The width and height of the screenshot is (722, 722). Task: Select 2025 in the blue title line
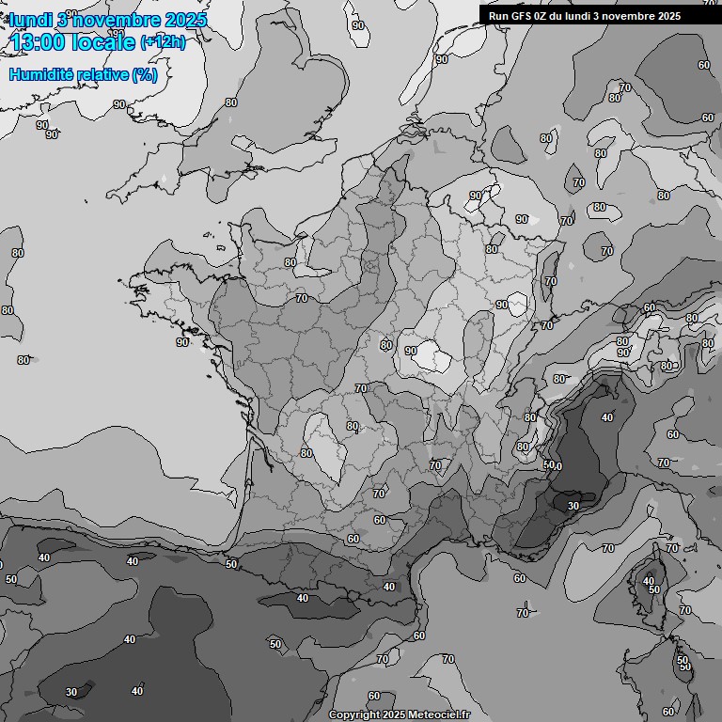(185, 20)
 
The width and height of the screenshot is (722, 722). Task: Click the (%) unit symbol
(145, 74)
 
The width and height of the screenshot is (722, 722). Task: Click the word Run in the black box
(499, 16)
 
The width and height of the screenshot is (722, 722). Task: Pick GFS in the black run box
(523, 16)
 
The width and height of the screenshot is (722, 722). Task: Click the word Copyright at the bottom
(354, 714)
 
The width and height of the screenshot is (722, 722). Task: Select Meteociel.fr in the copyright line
(439, 714)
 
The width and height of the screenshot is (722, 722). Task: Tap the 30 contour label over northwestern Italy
(573, 505)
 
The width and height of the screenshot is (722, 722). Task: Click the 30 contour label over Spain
(71, 692)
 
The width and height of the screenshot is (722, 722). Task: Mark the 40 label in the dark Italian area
(607, 417)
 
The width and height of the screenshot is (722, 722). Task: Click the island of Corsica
(649, 588)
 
